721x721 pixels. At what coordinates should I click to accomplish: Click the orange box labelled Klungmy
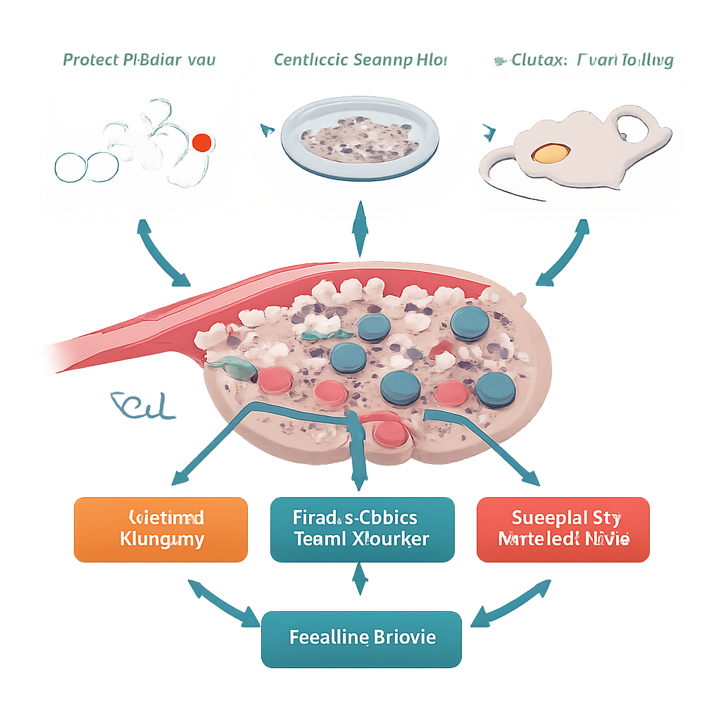[161, 529]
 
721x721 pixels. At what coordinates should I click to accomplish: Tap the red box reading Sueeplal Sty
[563, 529]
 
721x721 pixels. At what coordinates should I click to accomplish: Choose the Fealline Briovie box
[362, 639]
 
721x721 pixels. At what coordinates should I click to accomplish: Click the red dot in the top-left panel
[201, 142]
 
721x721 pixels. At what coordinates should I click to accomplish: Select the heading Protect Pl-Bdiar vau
[139, 59]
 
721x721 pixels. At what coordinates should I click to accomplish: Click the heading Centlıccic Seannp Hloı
[360, 59]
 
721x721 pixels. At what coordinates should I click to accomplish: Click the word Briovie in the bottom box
[404, 638]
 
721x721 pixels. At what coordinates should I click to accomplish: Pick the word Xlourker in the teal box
[391, 540]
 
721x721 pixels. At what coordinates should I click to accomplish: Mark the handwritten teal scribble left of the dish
[142, 406]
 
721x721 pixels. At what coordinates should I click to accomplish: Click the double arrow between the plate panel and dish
[360, 229]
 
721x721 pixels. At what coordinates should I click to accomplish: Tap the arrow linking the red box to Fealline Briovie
[510, 603]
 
